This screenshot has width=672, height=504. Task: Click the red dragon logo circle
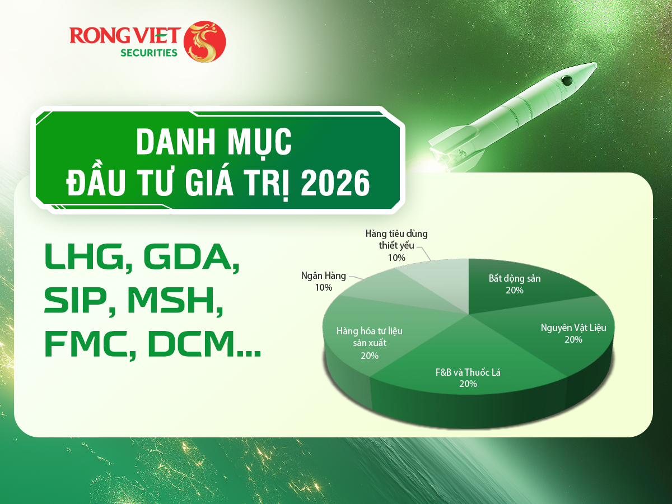(x=204, y=41)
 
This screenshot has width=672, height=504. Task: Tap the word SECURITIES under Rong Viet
(x=149, y=53)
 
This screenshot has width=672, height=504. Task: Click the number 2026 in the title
(x=335, y=183)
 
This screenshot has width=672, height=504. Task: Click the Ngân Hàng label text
(x=324, y=276)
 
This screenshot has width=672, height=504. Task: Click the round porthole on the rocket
(x=567, y=81)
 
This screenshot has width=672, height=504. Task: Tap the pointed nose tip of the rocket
(x=596, y=63)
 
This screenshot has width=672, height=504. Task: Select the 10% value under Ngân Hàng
(x=324, y=287)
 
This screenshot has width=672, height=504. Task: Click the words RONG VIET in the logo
(x=125, y=35)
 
